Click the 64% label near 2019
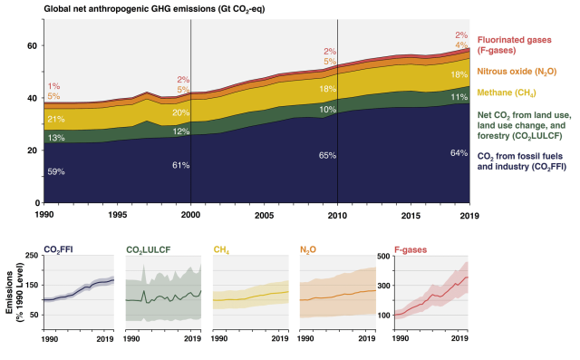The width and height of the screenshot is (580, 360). coord(459,152)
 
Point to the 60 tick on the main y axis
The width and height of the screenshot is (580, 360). coord(34,46)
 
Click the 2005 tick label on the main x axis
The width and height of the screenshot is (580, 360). coord(264,217)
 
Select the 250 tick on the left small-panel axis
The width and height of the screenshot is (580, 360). coord(31,258)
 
